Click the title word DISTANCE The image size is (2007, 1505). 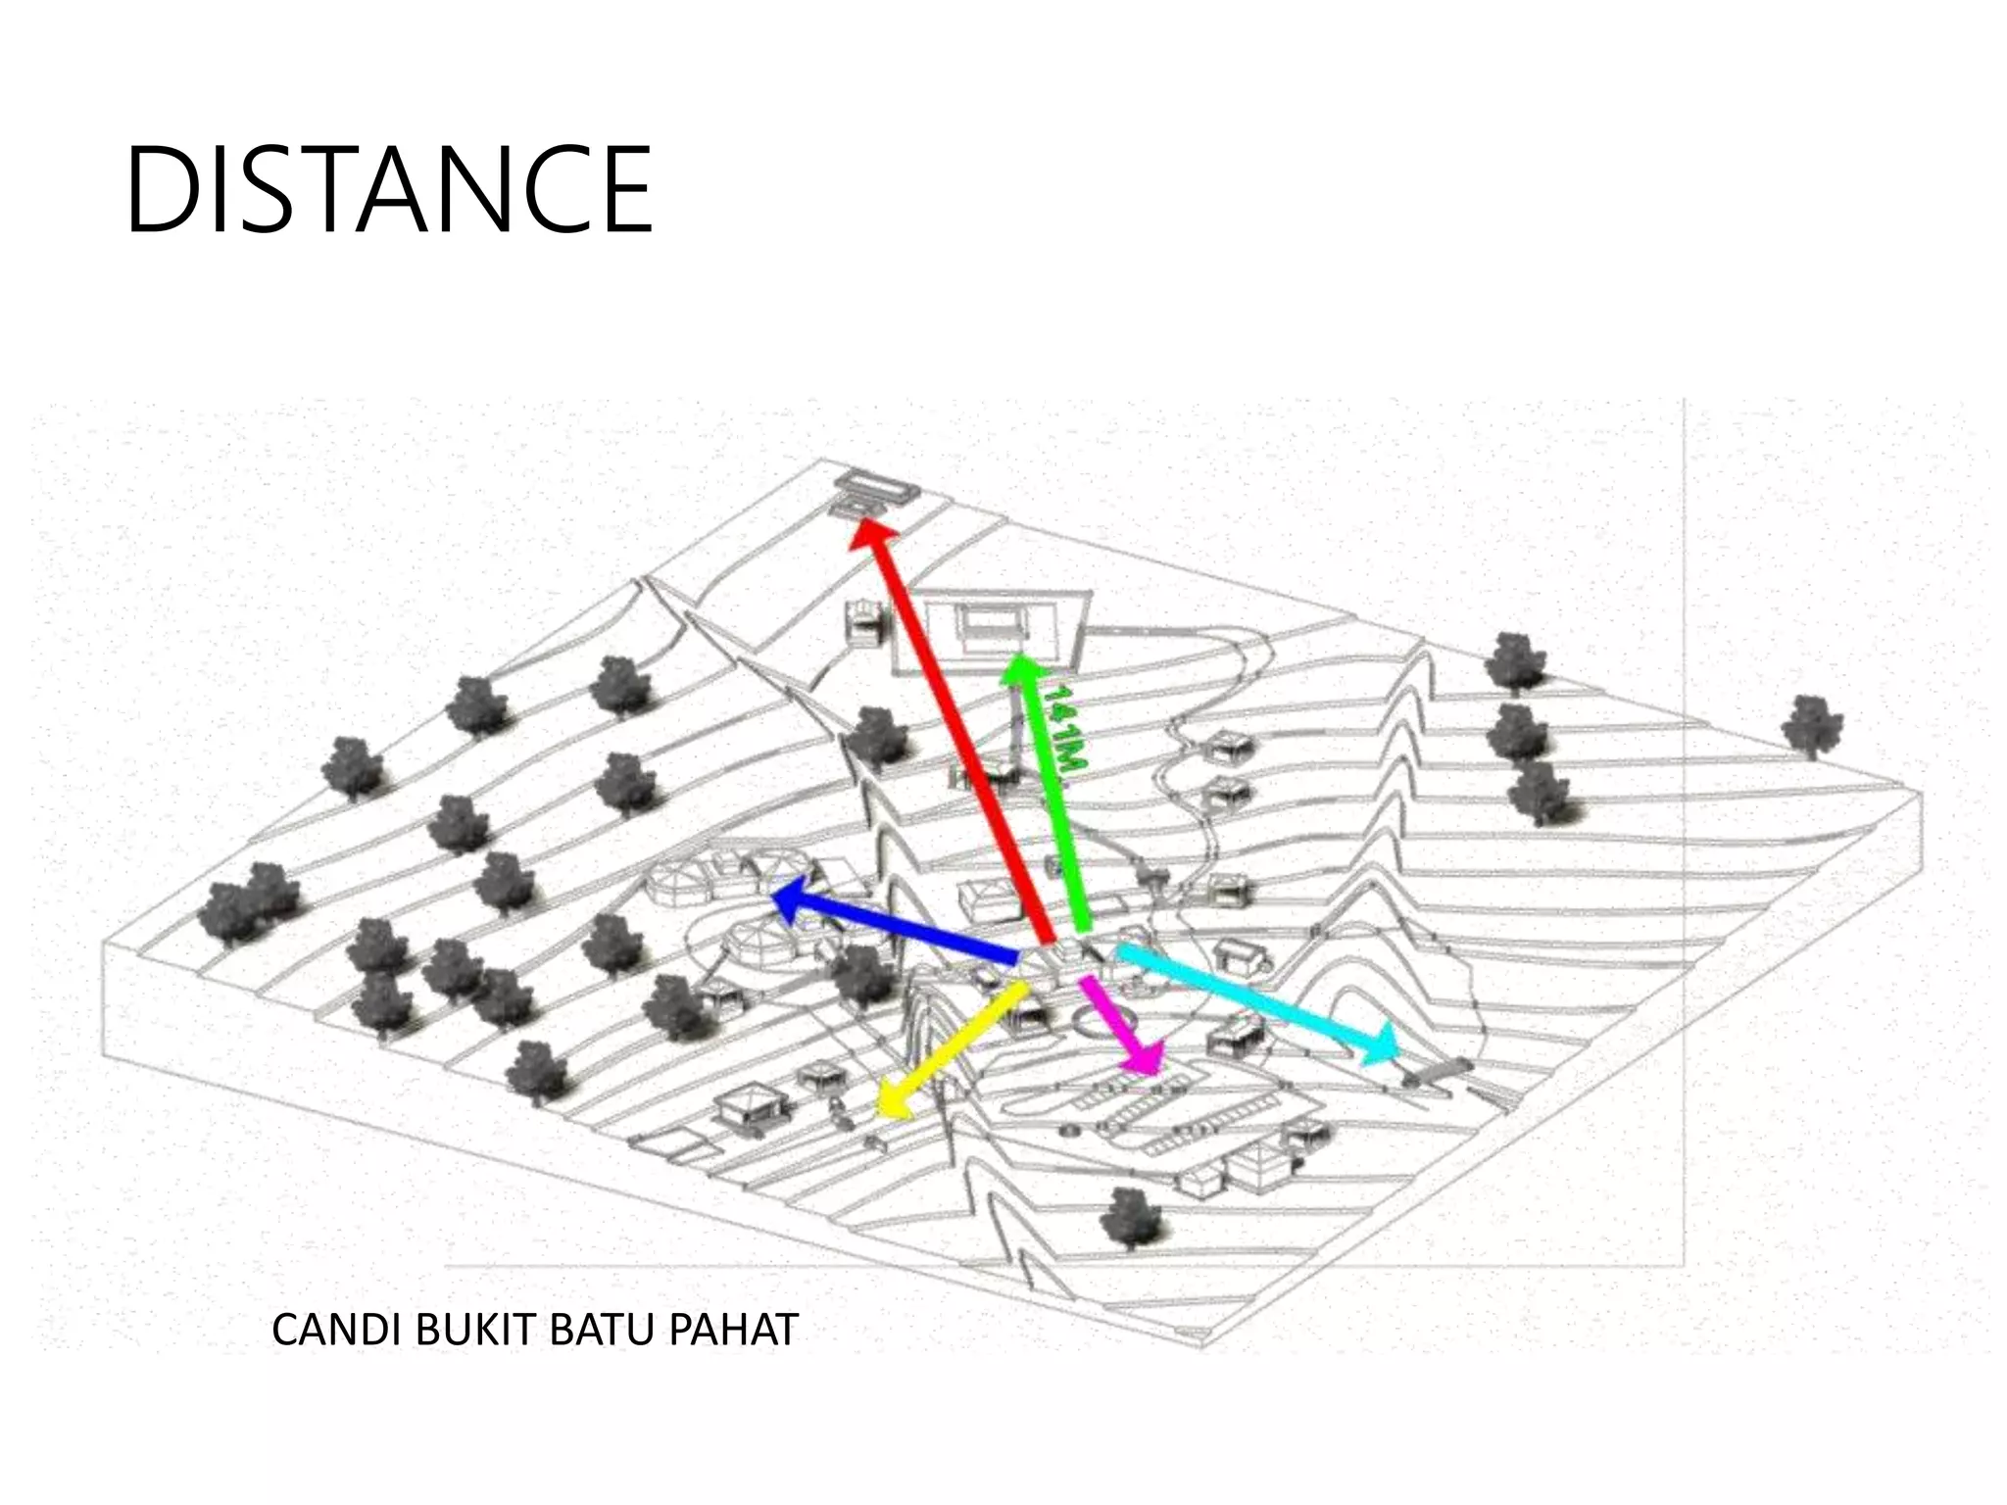pos(388,189)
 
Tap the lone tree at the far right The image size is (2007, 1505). pos(1811,726)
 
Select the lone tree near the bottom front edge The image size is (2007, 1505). pos(1133,1218)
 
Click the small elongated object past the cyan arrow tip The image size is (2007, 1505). pos(1437,1072)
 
